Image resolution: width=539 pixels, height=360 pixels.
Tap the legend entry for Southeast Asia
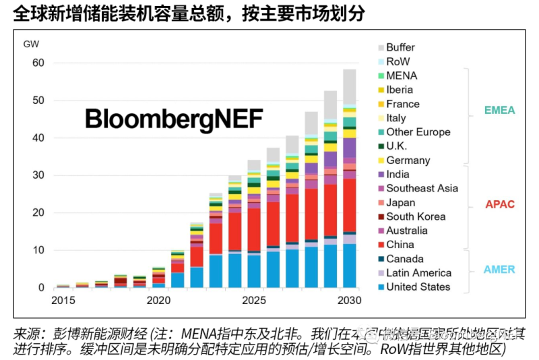point(422,188)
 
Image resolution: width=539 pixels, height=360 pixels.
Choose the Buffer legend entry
point(400,47)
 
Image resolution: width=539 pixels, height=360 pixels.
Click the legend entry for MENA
point(402,76)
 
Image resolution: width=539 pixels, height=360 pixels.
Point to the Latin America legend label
point(418,273)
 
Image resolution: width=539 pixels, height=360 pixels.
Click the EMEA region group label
point(500,110)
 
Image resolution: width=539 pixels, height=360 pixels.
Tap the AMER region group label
point(499,270)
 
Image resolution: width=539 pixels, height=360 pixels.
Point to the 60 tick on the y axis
point(38,63)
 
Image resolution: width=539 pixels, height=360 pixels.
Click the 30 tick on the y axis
point(38,175)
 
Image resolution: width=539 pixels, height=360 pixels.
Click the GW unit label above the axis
point(32,44)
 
